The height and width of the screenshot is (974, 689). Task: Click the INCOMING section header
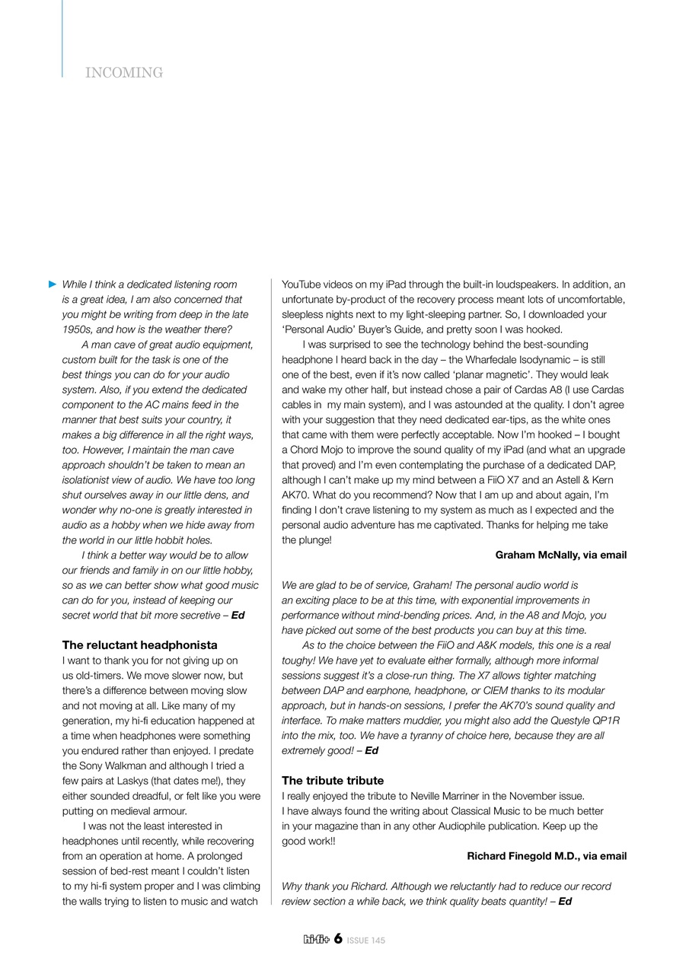tap(124, 73)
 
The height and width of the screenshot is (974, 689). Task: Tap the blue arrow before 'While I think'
tap(53, 284)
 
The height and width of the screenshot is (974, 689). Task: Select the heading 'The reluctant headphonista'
tap(139, 645)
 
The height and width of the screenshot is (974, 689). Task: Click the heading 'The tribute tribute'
tap(333, 780)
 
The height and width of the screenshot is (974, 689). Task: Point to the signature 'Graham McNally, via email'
tap(560, 555)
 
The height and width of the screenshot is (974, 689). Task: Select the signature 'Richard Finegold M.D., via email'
tap(547, 856)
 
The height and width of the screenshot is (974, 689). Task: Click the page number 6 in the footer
tap(337, 939)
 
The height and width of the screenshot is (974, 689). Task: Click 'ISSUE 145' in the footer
tap(366, 941)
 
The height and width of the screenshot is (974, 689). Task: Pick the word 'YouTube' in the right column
tap(301, 284)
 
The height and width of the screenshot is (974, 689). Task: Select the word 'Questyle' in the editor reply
tap(566, 720)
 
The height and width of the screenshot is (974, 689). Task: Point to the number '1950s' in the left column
tap(76, 329)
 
